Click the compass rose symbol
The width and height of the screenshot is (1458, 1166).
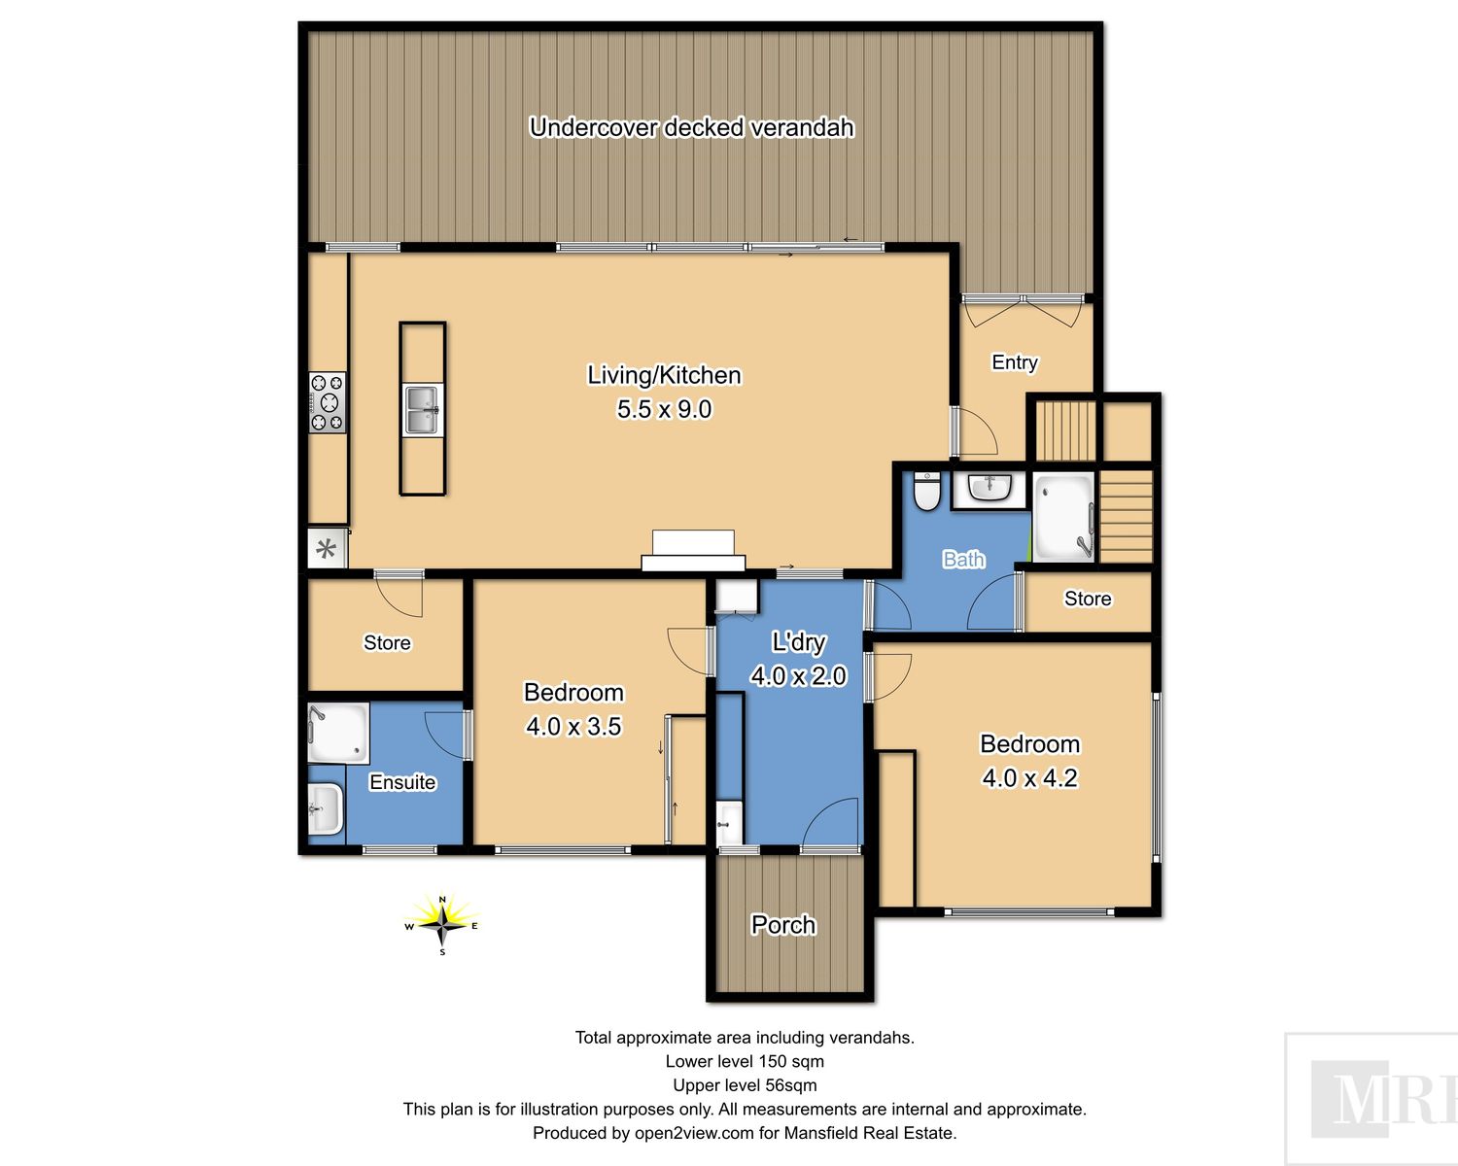[x=442, y=925]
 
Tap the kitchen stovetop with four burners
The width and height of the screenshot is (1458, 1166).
[x=328, y=402]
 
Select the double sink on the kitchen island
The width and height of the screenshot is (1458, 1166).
[x=423, y=410]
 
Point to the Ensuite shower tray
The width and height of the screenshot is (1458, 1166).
[x=338, y=733]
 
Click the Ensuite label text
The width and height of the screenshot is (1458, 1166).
[x=402, y=782]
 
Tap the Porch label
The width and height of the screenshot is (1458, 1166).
[x=783, y=925]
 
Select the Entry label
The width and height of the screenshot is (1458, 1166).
[x=1014, y=362]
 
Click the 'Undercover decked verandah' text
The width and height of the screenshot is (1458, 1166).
[x=691, y=127]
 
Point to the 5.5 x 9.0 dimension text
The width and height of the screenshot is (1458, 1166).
[x=664, y=409]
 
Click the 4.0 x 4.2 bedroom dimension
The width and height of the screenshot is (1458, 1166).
[x=1029, y=777]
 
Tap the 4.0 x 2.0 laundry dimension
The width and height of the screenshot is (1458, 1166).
[x=798, y=675]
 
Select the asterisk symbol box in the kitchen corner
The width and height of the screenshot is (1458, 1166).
[x=328, y=549]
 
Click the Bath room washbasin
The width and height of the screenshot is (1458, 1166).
[x=989, y=489]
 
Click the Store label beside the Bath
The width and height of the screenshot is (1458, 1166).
[x=1088, y=599]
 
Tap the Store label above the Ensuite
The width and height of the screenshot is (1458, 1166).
[x=387, y=642]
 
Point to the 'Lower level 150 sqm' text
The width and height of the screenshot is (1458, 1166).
[x=745, y=1061]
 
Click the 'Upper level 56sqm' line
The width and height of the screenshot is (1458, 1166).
[x=745, y=1084]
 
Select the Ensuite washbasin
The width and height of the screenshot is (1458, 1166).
[x=326, y=808]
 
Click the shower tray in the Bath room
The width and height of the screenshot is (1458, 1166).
[x=1063, y=517]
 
